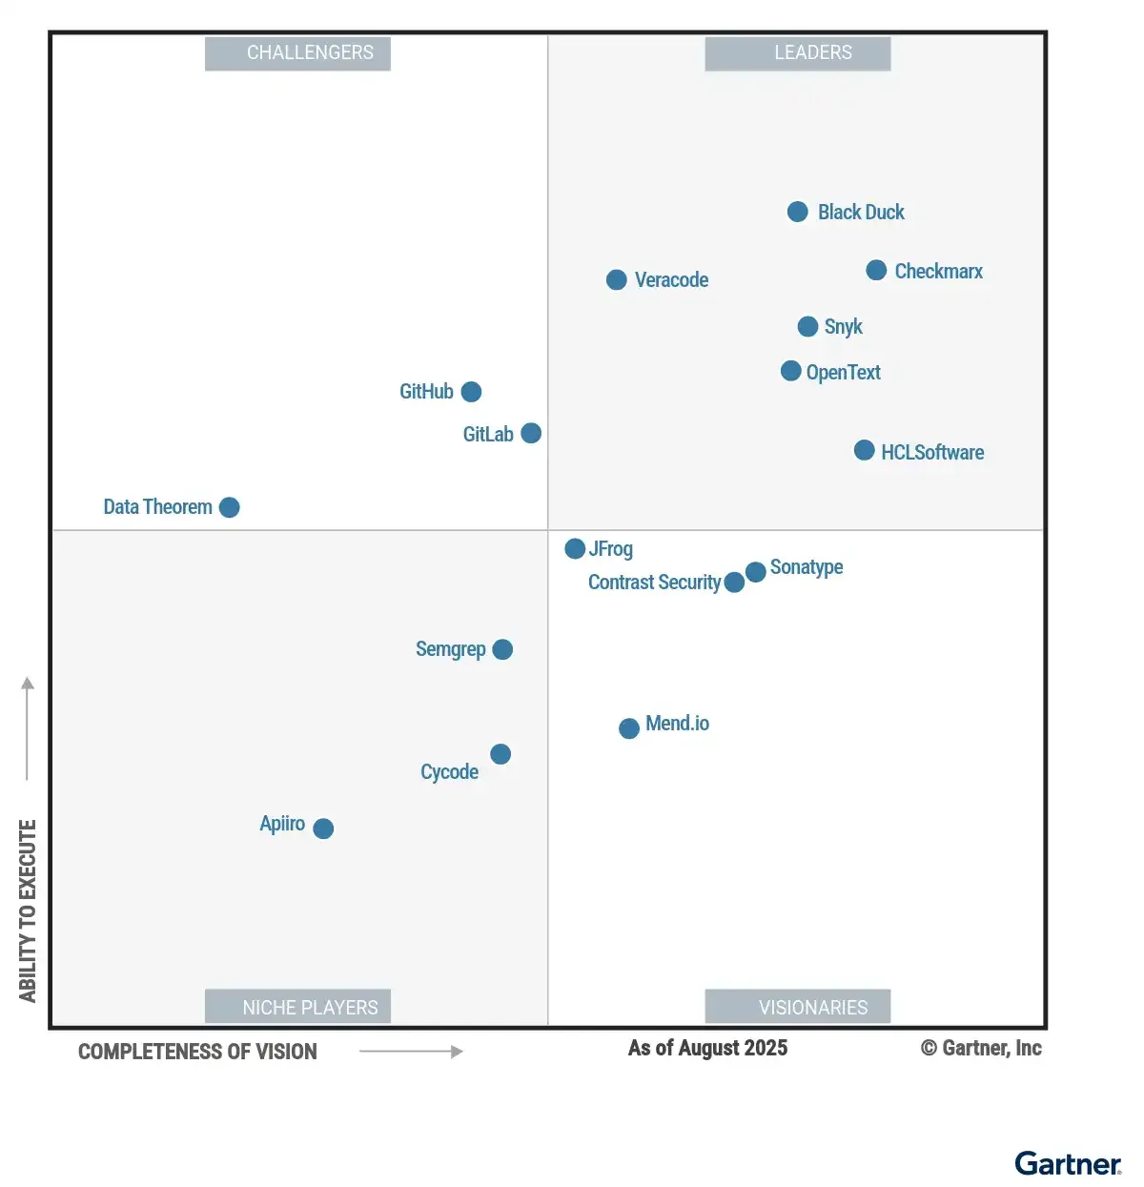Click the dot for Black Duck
click(x=798, y=212)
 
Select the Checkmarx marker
click(x=876, y=271)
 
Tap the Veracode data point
click(x=617, y=279)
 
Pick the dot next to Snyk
click(x=807, y=327)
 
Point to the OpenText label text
click(x=843, y=373)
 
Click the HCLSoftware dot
click(x=864, y=450)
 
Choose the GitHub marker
click(x=471, y=392)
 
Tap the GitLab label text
click(x=488, y=435)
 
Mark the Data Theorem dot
click(x=229, y=507)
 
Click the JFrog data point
click(x=575, y=548)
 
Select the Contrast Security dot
click(x=734, y=583)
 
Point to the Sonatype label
click(x=807, y=567)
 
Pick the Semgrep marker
click(x=502, y=649)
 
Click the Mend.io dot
click(x=629, y=728)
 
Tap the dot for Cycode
click(x=500, y=754)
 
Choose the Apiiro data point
click(x=323, y=829)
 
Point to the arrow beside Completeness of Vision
click(x=411, y=1052)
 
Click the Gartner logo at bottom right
click(x=1068, y=1164)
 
